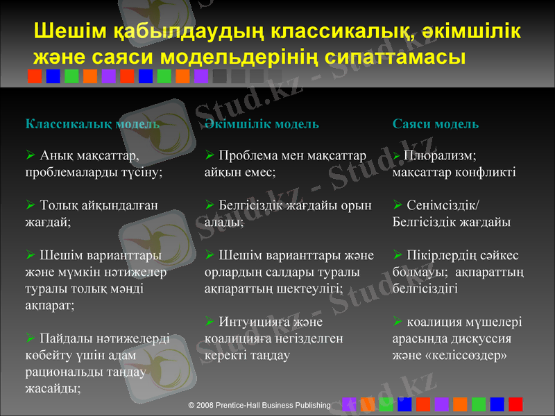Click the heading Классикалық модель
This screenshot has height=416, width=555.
pyautogui.click(x=92, y=124)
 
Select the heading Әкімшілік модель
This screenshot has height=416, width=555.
pyautogui.click(x=262, y=124)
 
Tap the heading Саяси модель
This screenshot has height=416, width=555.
pyautogui.click(x=435, y=124)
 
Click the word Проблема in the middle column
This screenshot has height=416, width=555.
pyautogui.click(x=248, y=155)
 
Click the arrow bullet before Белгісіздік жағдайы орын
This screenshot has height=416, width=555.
pyautogui.click(x=210, y=205)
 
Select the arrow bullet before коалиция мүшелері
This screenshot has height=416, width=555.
pyautogui.click(x=397, y=322)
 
